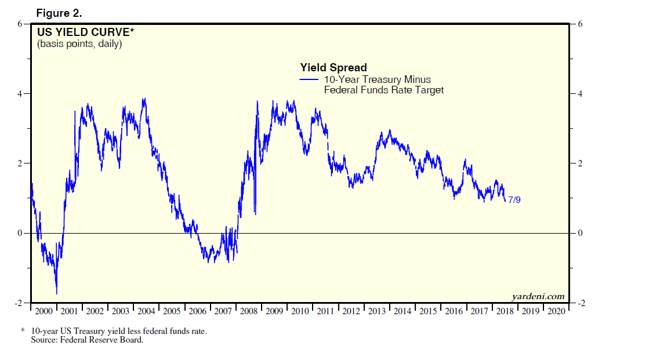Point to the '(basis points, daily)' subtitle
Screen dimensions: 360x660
coord(79,43)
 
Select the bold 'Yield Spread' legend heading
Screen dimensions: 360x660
coord(333,68)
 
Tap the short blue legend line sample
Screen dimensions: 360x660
coord(309,79)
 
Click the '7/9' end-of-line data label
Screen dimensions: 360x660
coord(514,200)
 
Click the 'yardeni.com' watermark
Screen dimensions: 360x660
coord(538,296)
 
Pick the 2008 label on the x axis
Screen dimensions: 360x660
coord(248,311)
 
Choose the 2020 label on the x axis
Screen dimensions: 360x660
coord(556,311)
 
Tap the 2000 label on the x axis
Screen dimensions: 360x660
coord(43,311)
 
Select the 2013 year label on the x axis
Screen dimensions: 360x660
coord(376,311)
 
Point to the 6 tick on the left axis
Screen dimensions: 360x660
coord(19,24)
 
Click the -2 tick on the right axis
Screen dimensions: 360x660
coord(579,304)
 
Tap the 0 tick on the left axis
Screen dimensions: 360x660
coord(19,233)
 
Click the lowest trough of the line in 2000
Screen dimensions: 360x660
coord(56,293)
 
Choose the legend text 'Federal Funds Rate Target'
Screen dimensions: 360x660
coord(383,90)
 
